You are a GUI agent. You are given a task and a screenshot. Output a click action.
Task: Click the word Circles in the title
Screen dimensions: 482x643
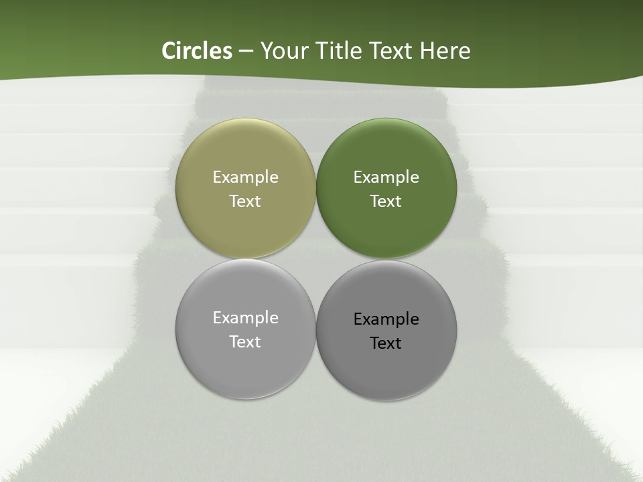pyautogui.click(x=196, y=51)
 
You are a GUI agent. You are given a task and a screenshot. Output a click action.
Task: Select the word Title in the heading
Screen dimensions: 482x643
pyautogui.click(x=340, y=51)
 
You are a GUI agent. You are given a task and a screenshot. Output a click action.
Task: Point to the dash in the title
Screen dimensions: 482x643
pyautogui.click(x=246, y=52)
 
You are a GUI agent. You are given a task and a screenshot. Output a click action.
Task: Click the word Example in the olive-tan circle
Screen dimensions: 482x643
pyautogui.click(x=245, y=177)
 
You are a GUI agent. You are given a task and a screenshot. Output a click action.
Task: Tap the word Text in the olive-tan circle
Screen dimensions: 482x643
pyautogui.click(x=245, y=202)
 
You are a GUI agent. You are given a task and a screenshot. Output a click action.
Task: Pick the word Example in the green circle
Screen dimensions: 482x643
pyautogui.click(x=386, y=177)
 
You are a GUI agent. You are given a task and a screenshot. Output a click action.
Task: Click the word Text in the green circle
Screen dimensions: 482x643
pyautogui.click(x=386, y=202)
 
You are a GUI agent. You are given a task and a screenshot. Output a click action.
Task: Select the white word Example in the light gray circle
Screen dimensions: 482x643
pyautogui.click(x=245, y=318)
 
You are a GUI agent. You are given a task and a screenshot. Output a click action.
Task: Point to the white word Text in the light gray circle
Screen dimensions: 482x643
pyautogui.click(x=245, y=342)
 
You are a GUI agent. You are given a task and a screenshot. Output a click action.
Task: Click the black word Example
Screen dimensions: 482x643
pyautogui.click(x=386, y=319)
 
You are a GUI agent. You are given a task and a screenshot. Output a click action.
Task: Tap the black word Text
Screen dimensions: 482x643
pyautogui.click(x=386, y=343)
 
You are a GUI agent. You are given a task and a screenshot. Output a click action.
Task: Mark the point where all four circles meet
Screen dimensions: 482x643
pyautogui.click(x=315, y=259)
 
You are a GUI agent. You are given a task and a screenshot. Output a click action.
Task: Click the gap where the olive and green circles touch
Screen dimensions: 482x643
pyautogui.click(x=315, y=189)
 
